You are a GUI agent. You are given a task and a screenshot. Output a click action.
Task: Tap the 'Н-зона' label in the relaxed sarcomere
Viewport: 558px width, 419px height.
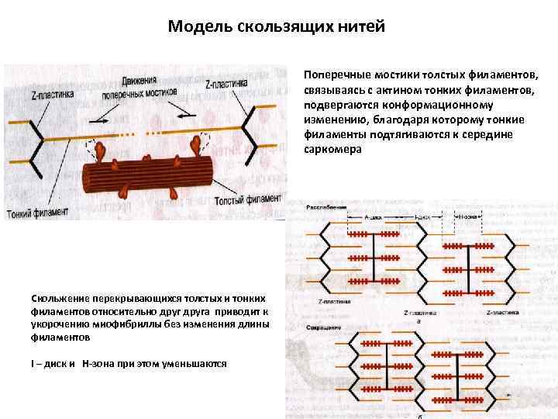click(468, 218)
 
